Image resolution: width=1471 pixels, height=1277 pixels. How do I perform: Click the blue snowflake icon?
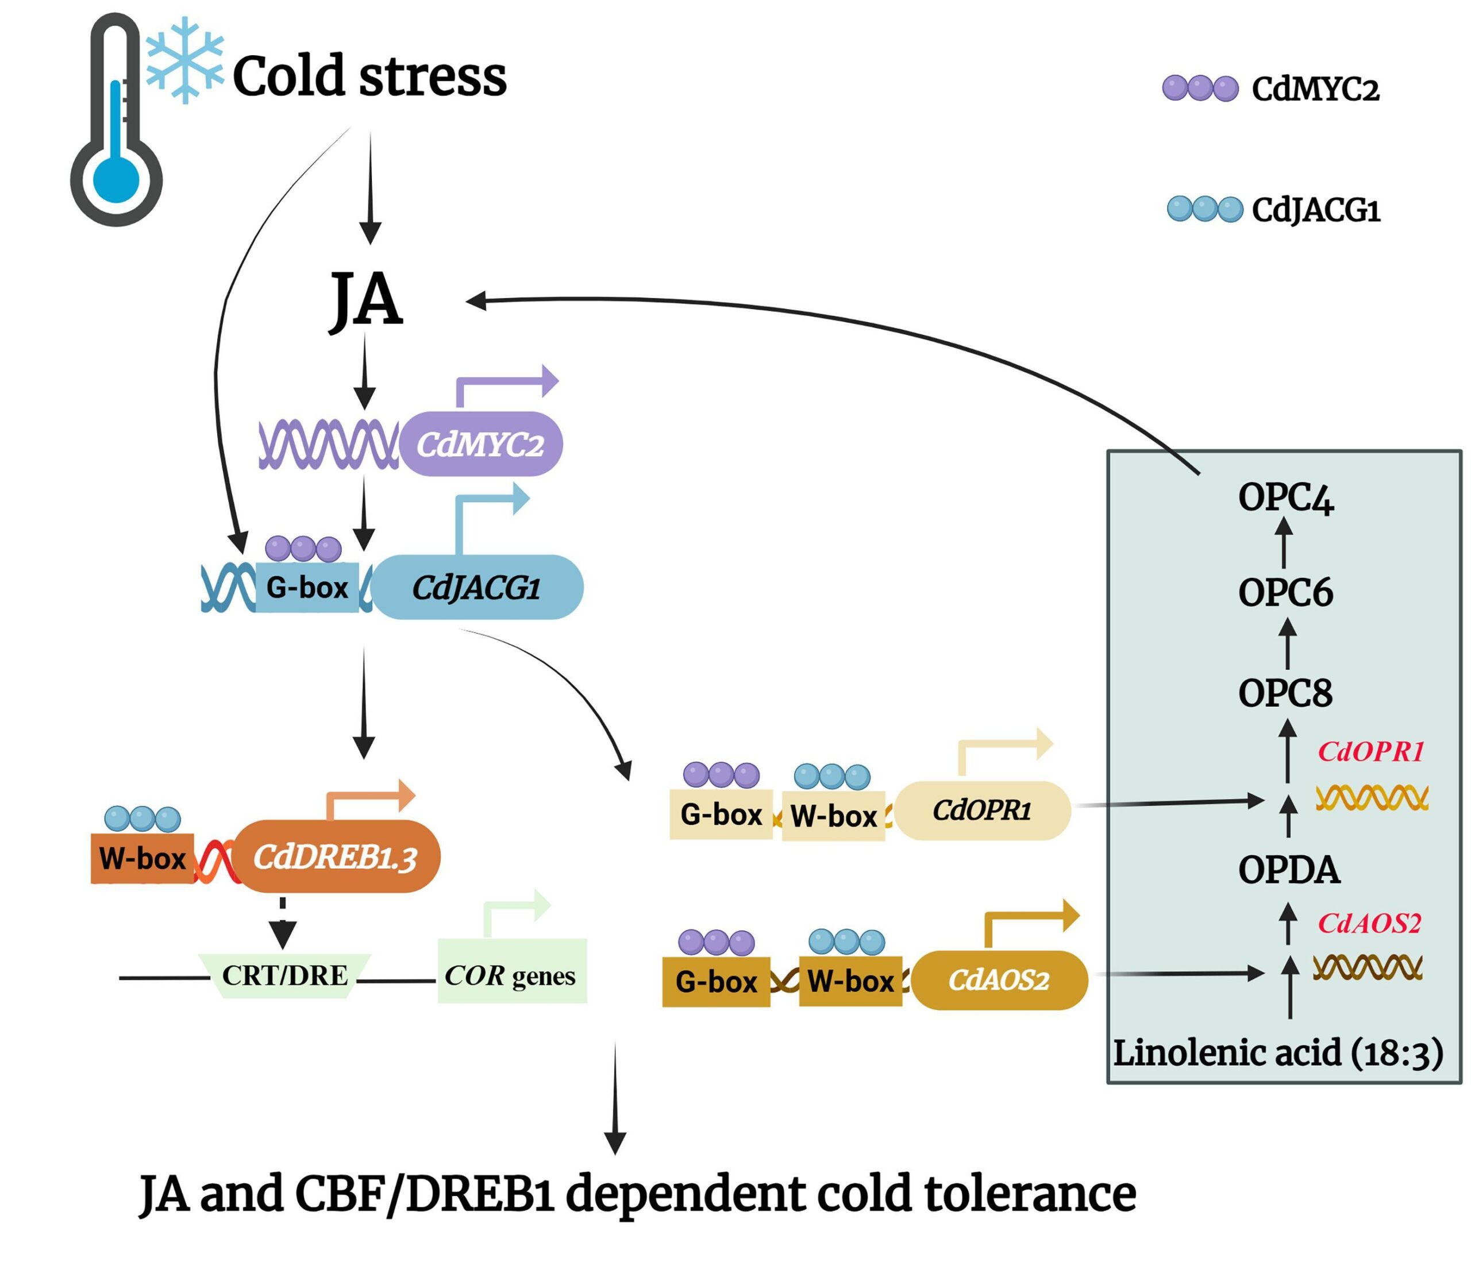click(184, 60)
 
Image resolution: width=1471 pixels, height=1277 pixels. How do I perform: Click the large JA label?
click(367, 299)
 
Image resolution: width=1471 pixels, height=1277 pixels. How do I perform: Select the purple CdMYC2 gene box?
click(481, 444)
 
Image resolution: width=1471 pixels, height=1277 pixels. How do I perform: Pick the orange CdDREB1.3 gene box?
click(336, 857)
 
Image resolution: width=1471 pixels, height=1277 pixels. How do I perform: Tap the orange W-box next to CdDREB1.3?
click(142, 858)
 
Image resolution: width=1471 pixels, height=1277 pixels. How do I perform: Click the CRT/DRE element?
click(284, 975)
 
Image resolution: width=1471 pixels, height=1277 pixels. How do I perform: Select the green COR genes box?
click(511, 975)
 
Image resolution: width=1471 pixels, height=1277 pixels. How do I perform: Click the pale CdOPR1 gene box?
click(982, 810)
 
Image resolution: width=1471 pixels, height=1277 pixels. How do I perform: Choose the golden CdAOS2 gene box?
click(999, 980)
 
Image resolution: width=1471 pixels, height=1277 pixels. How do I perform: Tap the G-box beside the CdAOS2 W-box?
click(715, 981)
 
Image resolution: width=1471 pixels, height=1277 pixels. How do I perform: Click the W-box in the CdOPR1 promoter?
click(833, 816)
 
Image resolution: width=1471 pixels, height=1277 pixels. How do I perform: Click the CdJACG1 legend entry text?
click(1316, 210)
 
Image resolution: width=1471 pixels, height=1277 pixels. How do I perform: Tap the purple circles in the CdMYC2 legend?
click(1200, 88)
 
